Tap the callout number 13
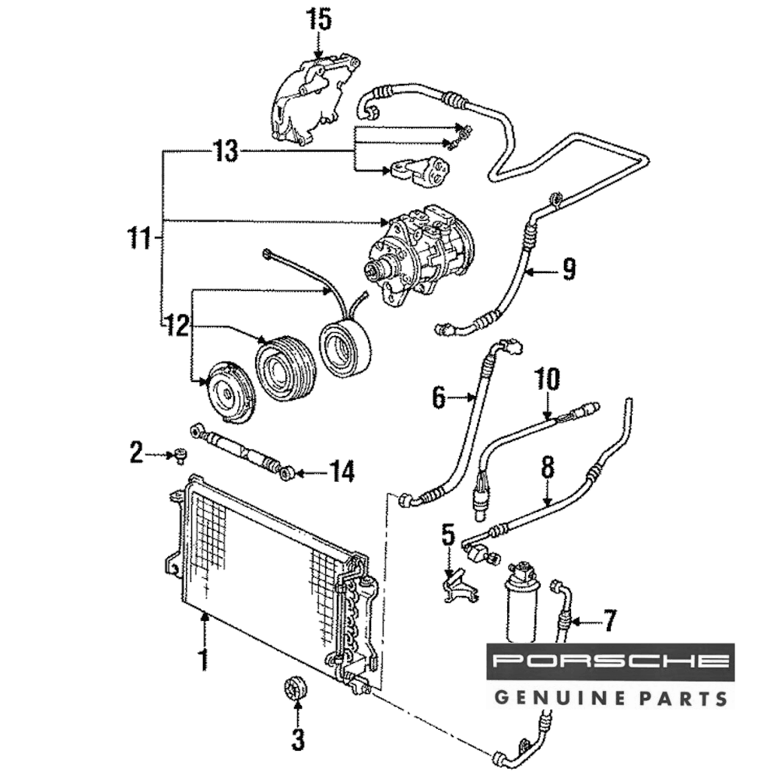(225, 151)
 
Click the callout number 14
(340, 471)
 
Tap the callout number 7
(609, 620)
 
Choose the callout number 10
(547, 380)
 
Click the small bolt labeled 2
(180, 455)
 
